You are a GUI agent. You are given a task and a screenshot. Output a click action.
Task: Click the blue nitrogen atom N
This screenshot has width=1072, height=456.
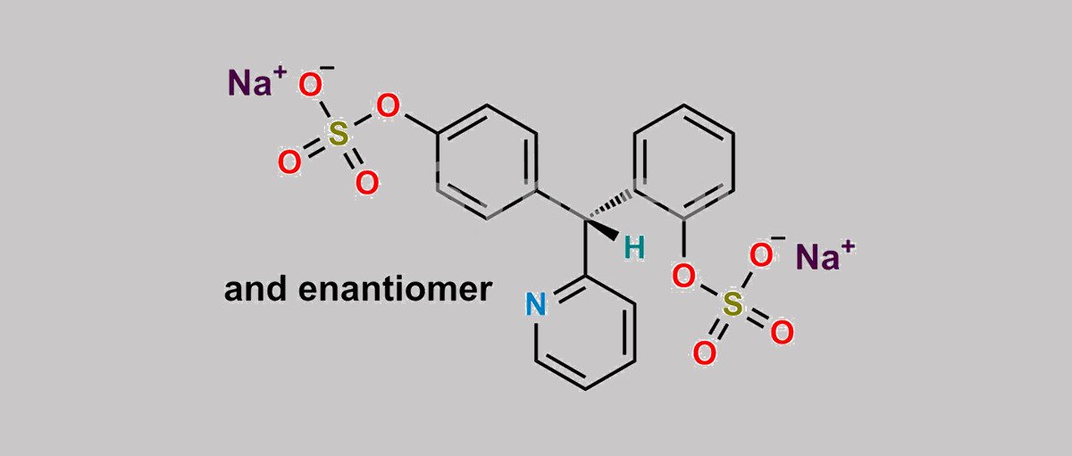(x=535, y=304)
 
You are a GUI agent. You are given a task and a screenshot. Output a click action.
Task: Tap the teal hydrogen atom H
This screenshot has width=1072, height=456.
(x=634, y=248)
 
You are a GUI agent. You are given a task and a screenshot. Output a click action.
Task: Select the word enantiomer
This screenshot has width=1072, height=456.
(x=395, y=289)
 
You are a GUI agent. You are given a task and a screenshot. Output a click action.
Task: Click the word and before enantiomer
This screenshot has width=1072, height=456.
(x=255, y=289)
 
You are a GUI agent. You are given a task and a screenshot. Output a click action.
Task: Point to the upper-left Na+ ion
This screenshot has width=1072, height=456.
(x=257, y=81)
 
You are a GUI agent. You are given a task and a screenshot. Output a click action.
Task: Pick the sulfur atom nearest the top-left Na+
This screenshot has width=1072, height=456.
(x=338, y=133)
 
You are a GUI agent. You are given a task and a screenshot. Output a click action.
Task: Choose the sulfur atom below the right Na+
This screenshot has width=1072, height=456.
(x=733, y=304)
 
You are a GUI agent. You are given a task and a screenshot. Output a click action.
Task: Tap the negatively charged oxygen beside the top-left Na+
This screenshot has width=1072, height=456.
(x=310, y=85)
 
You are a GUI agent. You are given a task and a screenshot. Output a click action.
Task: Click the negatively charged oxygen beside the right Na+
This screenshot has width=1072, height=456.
(x=761, y=254)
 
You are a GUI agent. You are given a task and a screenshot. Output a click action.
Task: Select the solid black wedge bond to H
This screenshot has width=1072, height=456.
(x=601, y=229)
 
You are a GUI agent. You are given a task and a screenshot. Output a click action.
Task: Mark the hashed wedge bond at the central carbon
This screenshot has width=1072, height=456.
(x=609, y=205)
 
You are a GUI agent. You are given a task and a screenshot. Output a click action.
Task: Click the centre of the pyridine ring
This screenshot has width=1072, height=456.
(x=585, y=332)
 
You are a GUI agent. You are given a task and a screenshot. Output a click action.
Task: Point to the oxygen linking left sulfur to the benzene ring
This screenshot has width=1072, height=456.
(x=388, y=105)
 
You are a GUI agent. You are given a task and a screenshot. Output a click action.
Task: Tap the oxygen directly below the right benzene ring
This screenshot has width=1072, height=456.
(x=683, y=277)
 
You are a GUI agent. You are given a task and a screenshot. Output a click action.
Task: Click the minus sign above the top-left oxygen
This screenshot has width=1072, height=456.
(x=327, y=69)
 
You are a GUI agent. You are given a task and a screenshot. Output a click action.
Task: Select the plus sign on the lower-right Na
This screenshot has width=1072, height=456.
(x=848, y=246)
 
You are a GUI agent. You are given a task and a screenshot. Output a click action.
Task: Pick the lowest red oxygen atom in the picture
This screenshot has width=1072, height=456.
(x=705, y=353)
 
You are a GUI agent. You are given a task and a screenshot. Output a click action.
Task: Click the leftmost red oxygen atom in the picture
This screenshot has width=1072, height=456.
(x=289, y=162)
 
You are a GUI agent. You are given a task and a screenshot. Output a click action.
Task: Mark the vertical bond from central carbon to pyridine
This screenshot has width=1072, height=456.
(x=585, y=247)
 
